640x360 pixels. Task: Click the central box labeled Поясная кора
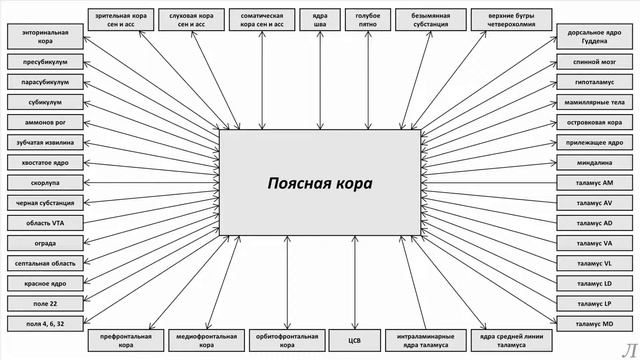[319, 184]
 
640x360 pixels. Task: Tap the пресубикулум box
[43, 62]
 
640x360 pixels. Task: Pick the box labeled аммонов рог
[43, 122]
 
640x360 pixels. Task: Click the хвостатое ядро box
[43, 162]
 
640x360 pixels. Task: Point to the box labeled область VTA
[43, 222]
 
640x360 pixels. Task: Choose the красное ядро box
[43, 282]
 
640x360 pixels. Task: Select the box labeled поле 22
[43, 302]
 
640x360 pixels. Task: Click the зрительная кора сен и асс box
[121, 18]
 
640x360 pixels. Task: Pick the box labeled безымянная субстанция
[430, 18]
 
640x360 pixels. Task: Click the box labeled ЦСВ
[353, 339]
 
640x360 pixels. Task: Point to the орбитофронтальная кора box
[274, 339]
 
